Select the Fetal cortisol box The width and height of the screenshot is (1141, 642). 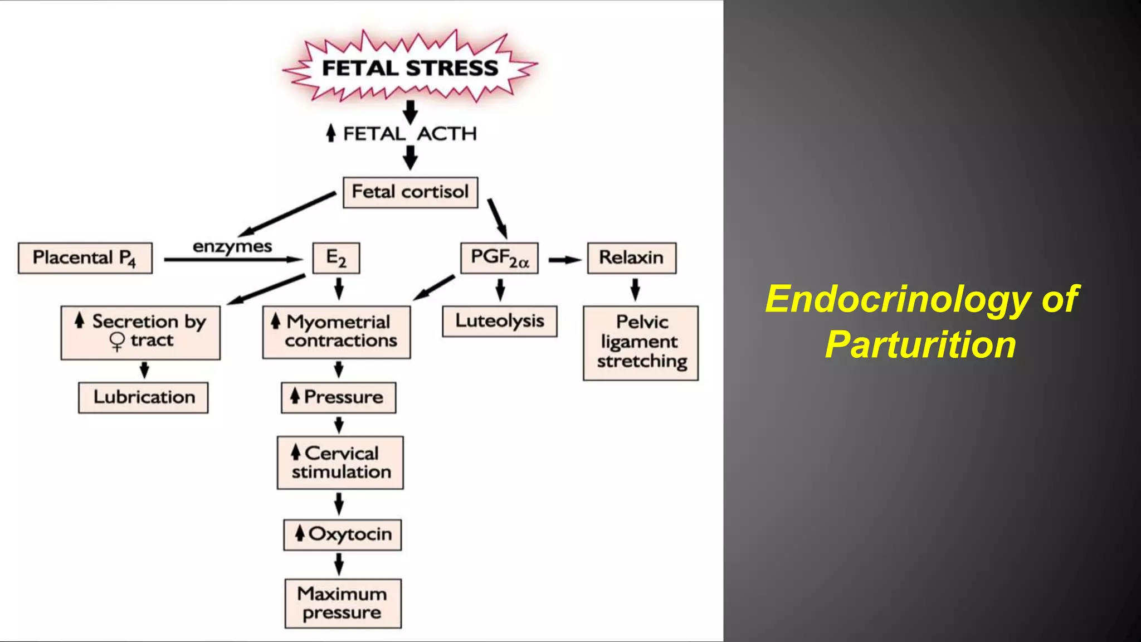[x=410, y=192]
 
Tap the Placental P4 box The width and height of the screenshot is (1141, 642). [x=85, y=258]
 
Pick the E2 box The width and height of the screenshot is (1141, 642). [x=336, y=258]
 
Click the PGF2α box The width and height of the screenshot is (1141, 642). [x=499, y=258]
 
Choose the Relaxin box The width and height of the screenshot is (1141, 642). [x=631, y=258]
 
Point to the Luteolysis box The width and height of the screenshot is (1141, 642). [x=499, y=321]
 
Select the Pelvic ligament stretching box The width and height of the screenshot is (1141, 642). [x=640, y=343]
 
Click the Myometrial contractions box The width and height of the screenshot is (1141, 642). [x=337, y=332]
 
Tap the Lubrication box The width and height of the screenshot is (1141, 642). [x=143, y=397]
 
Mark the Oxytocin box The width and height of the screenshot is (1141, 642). [x=342, y=534]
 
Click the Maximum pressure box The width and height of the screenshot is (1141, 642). [x=343, y=603]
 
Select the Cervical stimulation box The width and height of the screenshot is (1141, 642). [x=340, y=463]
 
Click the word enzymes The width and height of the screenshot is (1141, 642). [x=232, y=247]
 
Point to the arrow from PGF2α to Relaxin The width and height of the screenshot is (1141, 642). [x=564, y=260]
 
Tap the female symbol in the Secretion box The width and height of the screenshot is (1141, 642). [x=117, y=341]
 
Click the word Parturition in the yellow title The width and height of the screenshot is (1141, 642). [x=920, y=344]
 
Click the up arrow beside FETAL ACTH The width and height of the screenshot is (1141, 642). [x=331, y=133]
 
